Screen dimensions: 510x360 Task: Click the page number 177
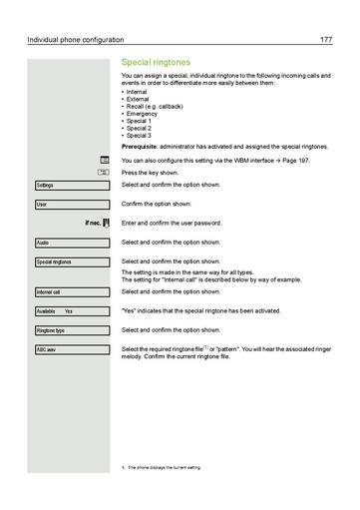coord(325,40)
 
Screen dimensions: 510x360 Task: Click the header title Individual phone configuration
coord(76,40)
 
